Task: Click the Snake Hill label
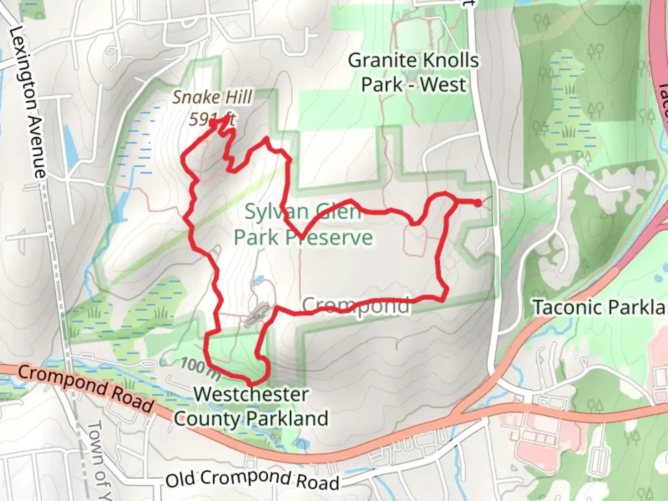click(x=212, y=97)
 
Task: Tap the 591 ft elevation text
click(x=211, y=120)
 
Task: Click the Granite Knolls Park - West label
click(x=413, y=73)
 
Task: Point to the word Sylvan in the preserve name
click(x=276, y=212)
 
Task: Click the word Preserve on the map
click(x=329, y=238)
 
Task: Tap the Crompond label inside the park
click(x=356, y=306)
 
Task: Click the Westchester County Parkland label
click(x=251, y=406)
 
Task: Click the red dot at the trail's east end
click(x=477, y=202)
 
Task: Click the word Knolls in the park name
click(x=443, y=61)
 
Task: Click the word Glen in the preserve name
click(x=338, y=212)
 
